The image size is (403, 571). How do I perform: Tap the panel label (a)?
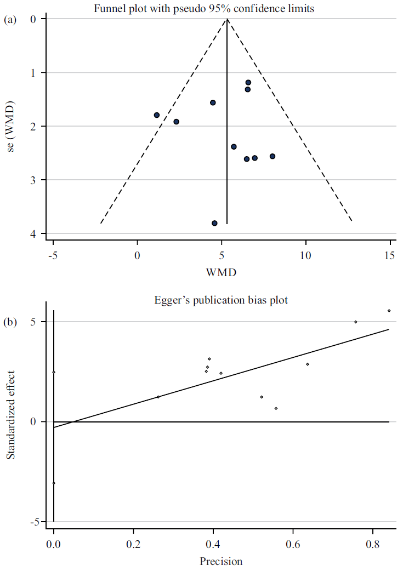point(9,20)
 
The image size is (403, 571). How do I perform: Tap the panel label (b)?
point(9,322)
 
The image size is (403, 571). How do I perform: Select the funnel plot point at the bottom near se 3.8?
point(214,223)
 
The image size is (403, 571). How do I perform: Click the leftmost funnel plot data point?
point(157,115)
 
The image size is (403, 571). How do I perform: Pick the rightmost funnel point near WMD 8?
point(273,156)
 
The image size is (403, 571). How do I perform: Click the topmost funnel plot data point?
point(248,82)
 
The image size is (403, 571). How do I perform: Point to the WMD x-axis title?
point(222,272)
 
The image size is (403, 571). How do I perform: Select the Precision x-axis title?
point(221,561)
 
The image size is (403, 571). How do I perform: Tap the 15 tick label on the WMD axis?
point(390,255)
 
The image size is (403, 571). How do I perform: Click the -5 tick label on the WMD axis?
point(53,255)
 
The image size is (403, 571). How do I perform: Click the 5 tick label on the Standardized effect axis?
point(33,322)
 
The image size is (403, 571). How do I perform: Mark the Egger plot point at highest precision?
point(389,311)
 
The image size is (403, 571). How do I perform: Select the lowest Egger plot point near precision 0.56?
point(276,408)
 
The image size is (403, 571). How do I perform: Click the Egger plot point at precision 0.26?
point(158,397)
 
